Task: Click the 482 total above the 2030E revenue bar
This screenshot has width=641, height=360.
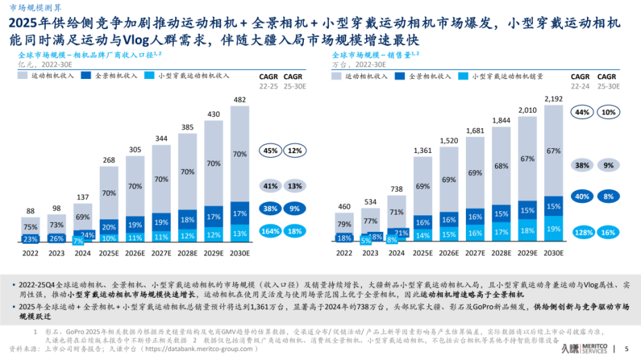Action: [239, 100]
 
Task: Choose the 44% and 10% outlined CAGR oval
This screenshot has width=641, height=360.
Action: [594, 112]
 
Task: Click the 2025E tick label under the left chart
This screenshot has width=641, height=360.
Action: [108, 253]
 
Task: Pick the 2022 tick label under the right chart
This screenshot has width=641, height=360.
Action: [343, 253]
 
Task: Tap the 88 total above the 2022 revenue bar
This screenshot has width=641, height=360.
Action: [30, 211]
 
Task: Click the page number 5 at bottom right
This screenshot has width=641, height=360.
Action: [626, 348]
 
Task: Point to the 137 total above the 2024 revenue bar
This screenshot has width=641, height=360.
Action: [82, 197]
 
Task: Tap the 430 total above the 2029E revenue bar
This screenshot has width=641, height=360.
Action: [213, 114]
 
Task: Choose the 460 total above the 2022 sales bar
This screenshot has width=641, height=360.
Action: [343, 206]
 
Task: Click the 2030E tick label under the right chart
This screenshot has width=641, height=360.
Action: [553, 253]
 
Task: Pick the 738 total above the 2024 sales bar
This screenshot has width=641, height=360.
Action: [396, 189]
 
